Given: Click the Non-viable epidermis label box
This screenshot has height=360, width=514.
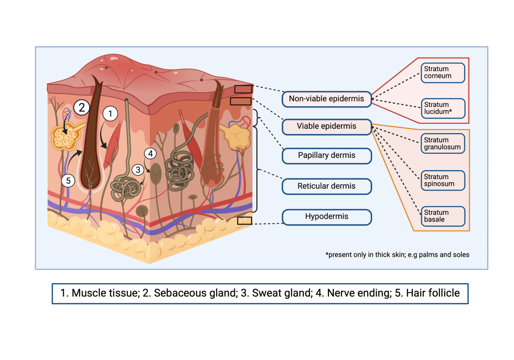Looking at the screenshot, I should click(327, 99).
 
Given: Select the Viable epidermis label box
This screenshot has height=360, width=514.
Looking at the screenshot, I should click(327, 127).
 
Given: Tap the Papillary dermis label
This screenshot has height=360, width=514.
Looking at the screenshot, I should click(327, 155).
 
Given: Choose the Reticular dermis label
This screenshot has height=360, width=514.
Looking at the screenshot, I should click(327, 186).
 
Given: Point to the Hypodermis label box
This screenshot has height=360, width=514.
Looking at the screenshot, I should click(327, 217).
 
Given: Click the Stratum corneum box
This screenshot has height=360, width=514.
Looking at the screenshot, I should click(442, 72).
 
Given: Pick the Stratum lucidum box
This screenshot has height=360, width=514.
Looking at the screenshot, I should click(442, 108).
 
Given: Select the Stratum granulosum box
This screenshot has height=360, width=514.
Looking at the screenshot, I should click(442, 144).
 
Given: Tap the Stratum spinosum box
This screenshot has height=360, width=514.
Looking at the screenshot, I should click(442, 180).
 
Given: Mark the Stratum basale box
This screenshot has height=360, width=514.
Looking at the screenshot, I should click(442, 216).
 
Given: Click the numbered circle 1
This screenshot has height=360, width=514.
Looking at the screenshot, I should click(111, 114).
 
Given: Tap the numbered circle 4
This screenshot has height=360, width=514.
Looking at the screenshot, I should click(150, 153).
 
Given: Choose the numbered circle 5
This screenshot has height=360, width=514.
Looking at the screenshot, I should click(68, 181).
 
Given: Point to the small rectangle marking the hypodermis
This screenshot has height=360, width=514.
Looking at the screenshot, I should click(244, 220).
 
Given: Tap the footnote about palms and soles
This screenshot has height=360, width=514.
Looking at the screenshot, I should click(397, 255).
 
